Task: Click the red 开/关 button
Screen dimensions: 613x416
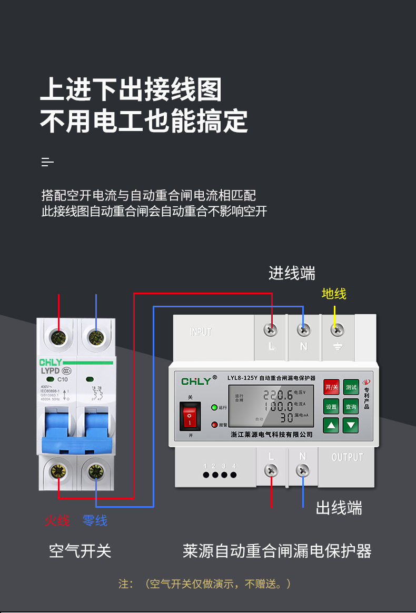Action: click(x=331, y=387)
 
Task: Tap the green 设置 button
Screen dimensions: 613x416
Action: click(x=331, y=407)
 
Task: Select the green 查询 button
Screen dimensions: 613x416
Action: click(x=351, y=407)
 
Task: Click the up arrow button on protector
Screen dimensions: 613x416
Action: click(x=331, y=425)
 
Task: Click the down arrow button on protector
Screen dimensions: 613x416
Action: click(x=351, y=425)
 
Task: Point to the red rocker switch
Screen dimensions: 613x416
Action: click(x=190, y=416)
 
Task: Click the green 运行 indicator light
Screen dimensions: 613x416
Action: click(x=214, y=407)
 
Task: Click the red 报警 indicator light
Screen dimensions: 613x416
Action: click(x=214, y=424)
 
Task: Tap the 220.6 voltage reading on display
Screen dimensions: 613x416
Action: click(x=278, y=395)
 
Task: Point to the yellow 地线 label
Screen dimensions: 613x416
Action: click(x=334, y=294)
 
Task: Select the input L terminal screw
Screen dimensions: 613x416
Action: click(x=271, y=330)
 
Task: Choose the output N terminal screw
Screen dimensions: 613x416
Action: click(x=303, y=470)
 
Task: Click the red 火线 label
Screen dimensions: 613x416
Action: click(x=57, y=520)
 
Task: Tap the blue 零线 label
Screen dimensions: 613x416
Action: click(x=95, y=520)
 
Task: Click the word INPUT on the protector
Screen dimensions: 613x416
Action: click(x=201, y=332)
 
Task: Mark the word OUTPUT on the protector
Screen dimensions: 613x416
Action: click(x=348, y=457)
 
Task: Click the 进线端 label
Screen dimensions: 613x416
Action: click(x=292, y=274)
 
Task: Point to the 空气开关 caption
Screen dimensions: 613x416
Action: click(x=80, y=551)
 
